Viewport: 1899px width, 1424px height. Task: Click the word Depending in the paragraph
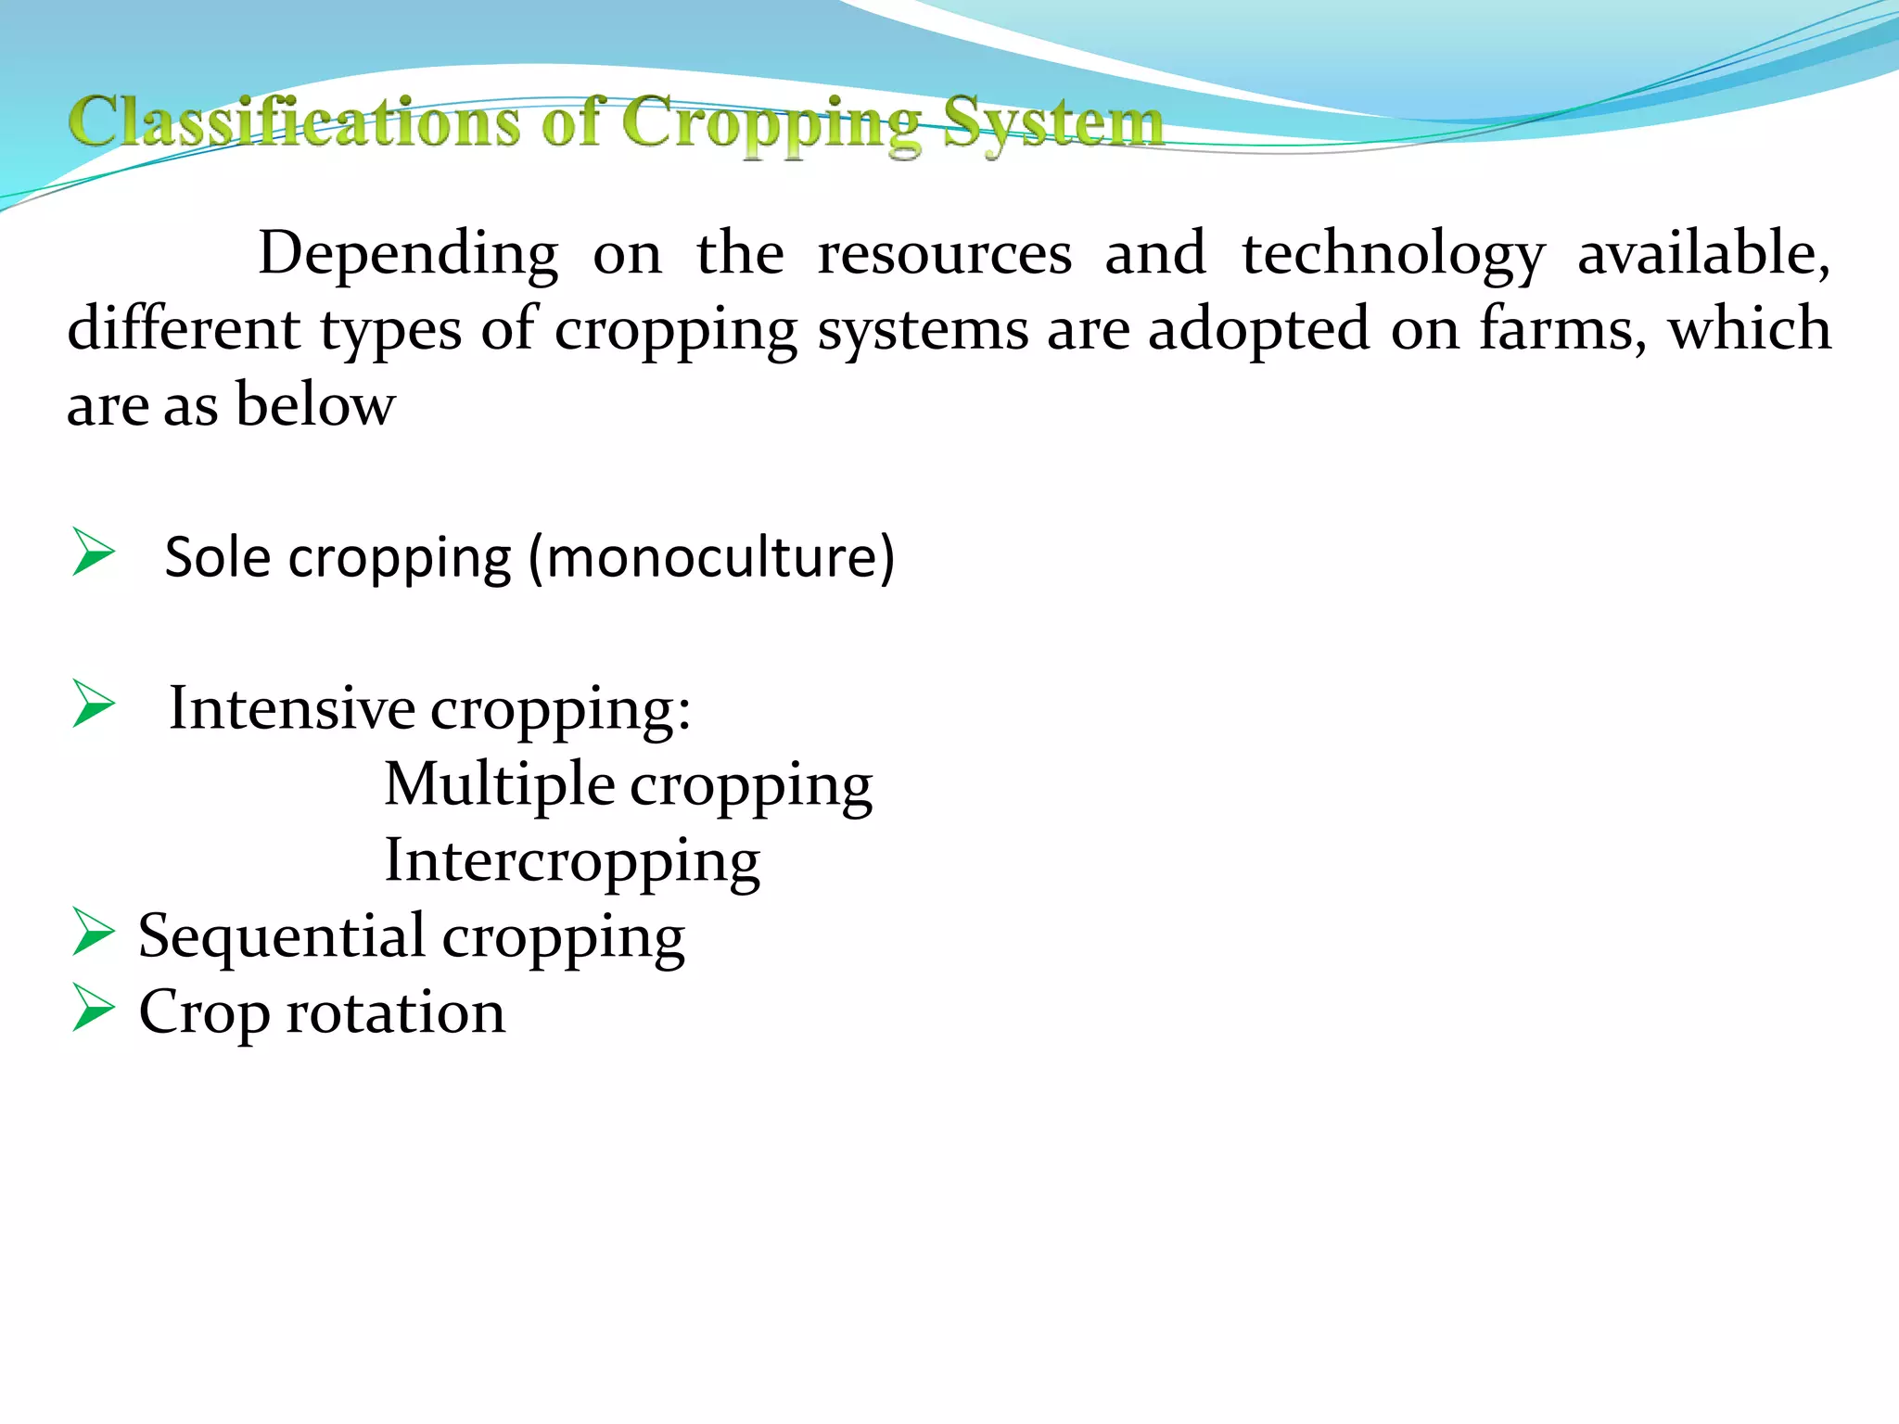[408, 253]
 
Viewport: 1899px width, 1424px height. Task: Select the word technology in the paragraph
[1393, 253]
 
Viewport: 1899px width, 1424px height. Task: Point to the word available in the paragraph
[1702, 253]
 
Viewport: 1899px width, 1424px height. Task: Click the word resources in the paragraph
[944, 253]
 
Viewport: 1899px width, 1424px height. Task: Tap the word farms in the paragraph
[1563, 328]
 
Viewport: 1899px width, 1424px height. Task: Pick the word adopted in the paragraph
[1257, 328]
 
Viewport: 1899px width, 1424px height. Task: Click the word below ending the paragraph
[315, 404]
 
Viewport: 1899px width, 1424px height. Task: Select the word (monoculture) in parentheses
[711, 556]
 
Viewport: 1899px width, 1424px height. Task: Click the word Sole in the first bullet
[218, 556]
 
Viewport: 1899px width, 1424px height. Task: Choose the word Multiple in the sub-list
[499, 783]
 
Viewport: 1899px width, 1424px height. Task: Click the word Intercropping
[572, 860]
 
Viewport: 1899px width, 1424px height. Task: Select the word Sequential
[281, 935]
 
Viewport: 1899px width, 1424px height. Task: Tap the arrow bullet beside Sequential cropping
[94, 932]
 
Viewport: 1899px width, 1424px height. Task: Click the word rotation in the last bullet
[396, 1011]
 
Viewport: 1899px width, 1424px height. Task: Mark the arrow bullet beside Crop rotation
[94, 1008]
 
